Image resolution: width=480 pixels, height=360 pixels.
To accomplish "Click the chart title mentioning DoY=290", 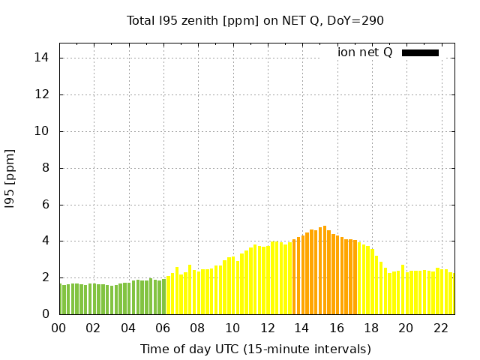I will [255, 21].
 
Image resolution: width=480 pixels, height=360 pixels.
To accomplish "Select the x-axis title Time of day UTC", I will [255, 349].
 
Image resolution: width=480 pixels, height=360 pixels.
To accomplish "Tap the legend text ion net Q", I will [364, 52].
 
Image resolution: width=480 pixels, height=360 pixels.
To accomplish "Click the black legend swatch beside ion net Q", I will [420, 52].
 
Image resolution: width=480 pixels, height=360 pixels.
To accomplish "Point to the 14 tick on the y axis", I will [43, 58].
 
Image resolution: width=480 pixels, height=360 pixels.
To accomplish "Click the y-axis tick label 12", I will [43, 94].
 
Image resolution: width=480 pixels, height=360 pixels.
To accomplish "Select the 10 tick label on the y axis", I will [43, 131].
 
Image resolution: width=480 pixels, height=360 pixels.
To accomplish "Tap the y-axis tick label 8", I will [46, 168].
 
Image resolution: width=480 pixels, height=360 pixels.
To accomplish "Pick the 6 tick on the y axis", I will [46, 205].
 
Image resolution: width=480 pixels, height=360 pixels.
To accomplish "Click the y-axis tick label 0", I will [46, 314].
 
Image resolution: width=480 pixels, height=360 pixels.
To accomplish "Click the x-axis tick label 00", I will [58, 328].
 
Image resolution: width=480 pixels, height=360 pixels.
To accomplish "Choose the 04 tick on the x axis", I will [128, 328].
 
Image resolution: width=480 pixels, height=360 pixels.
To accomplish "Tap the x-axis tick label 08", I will [197, 328].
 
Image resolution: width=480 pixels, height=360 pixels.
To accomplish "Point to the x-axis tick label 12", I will [266, 328].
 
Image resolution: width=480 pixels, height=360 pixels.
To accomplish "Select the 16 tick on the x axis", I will [336, 328].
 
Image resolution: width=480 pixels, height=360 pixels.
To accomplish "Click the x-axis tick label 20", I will [405, 328].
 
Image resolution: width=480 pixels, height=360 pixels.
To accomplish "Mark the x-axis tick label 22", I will [440, 328].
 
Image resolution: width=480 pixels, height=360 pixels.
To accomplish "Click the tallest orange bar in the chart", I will [325, 270].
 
